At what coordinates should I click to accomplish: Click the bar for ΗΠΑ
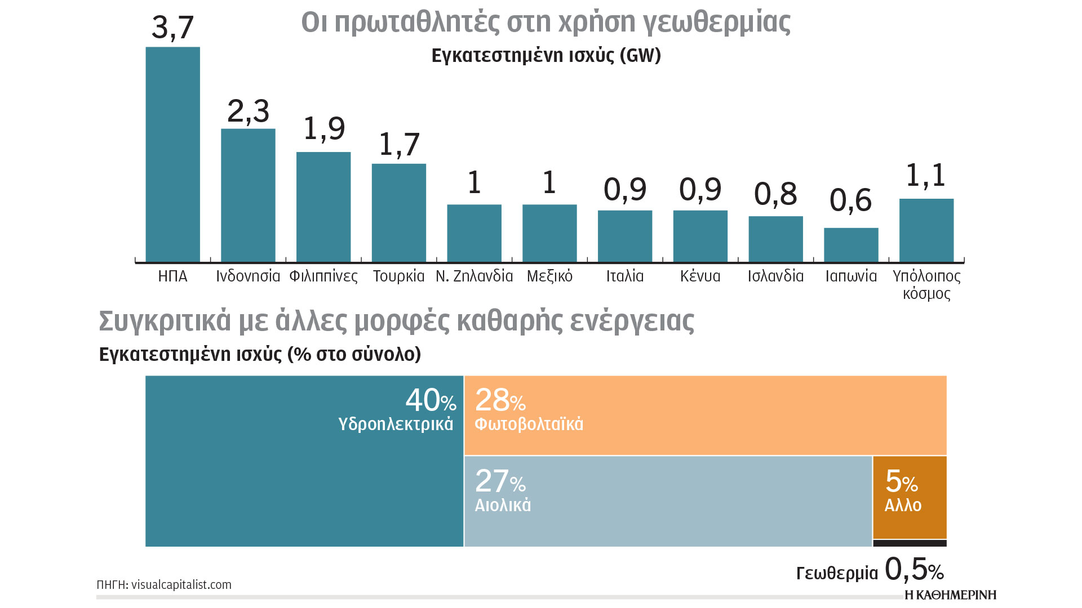point(172,154)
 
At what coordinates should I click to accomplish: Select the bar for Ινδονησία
point(248,195)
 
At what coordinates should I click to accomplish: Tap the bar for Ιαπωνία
point(851,245)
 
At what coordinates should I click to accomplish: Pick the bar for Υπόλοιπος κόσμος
point(926,230)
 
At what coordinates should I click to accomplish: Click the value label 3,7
point(172,27)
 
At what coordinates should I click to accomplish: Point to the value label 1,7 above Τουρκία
point(399,145)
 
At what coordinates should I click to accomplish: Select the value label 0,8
point(775,194)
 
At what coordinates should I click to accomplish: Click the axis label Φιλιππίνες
point(323,276)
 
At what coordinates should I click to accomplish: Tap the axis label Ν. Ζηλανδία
point(474,276)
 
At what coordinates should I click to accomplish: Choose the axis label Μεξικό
point(549,276)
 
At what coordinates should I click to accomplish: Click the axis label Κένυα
point(700,276)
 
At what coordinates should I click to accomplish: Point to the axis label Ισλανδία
point(775,276)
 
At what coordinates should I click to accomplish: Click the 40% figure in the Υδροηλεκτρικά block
point(430,401)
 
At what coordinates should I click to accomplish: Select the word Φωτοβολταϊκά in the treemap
point(529,424)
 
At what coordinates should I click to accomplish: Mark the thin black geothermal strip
point(910,543)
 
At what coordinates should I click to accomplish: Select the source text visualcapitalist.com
point(181,585)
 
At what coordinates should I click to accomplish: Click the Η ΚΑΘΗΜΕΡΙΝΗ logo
point(950,595)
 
